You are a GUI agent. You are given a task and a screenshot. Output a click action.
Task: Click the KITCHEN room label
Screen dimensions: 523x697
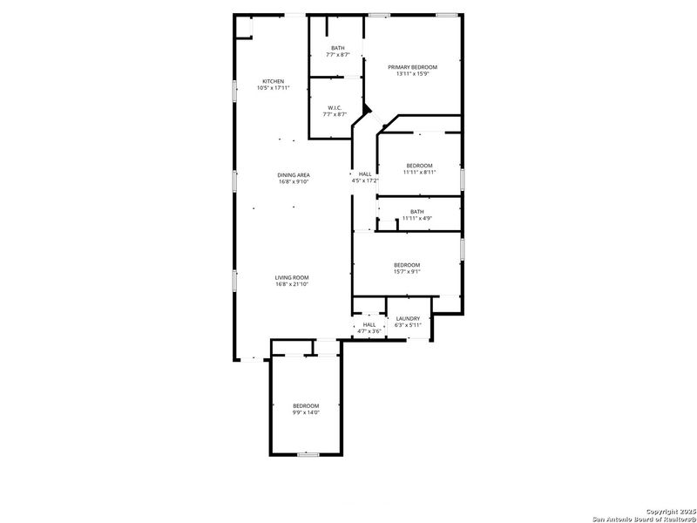click(x=273, y=81)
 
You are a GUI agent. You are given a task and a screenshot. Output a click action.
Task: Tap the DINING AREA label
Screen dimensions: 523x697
click(x=294, y=175)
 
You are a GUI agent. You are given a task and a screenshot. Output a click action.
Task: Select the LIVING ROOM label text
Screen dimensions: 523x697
click(x=293, y=277)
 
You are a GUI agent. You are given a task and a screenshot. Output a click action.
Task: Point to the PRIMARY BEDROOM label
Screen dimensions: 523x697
click(x=413, y=67)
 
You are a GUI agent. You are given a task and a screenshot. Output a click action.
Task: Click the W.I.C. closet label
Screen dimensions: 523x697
click(x=335, y=108)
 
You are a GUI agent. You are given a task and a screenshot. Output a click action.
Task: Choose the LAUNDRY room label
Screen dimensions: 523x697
click(x=408, y=319)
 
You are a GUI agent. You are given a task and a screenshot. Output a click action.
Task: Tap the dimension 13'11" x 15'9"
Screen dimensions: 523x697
click(x=413, y=74)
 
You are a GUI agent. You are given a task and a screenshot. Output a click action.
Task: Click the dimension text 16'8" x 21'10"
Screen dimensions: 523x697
click(x=293, y=284)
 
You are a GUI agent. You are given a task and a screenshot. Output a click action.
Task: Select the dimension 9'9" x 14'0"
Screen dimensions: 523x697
click(x=306, y=412)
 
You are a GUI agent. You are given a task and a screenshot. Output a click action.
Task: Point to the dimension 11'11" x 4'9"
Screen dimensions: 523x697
click(x=417, y=218)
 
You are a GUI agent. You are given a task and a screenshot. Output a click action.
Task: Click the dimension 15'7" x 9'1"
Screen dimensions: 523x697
click(x=407, y=271)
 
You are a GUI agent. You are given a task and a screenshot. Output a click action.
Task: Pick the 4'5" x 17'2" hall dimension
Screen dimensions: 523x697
click(x=365, y=180)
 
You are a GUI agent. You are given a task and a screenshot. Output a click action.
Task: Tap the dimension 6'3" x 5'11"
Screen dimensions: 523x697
click(x=408, y=325)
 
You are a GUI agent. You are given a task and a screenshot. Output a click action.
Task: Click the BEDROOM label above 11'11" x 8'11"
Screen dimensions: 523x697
click(x=419, y=166)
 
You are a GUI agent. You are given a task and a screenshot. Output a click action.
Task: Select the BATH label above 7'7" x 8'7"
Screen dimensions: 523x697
click(x=337, y=48)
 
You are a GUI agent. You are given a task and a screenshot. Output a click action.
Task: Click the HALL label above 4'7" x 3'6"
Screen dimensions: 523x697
click(x=369, y=324)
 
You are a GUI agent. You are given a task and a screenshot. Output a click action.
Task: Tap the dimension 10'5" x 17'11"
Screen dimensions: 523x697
click(x=273, y=88)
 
